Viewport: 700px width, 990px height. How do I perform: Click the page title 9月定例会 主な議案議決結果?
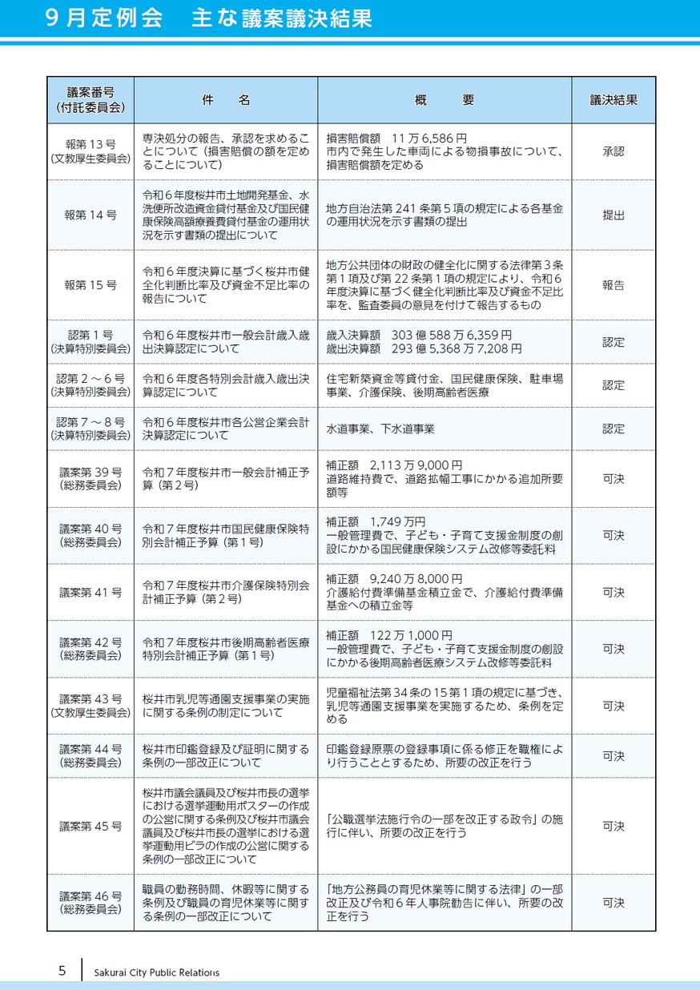point(209,19)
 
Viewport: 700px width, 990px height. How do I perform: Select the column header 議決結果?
point(614,100)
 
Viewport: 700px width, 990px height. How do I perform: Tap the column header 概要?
point(445,100)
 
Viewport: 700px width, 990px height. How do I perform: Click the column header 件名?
point(226,100)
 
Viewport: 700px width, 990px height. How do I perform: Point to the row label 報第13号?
point(91,144)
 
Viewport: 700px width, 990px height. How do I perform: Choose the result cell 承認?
point(614,151)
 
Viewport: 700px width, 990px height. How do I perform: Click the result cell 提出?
point(614,215)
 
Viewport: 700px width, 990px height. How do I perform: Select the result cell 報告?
point(614,284)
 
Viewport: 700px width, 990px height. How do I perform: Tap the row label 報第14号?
point(91,215)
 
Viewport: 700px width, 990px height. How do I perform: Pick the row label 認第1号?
point(91,335)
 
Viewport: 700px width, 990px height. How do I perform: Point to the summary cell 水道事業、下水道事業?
point(380,429)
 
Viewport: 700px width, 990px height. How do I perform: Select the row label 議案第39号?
point(91,471)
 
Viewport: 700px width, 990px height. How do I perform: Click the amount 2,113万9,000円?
point(416,465)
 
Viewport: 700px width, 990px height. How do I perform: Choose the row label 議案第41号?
point(91,592)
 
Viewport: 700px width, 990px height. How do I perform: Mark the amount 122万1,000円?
point(411,635)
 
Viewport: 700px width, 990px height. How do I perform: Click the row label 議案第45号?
point(91,826)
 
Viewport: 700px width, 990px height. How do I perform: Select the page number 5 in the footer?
point(62,971)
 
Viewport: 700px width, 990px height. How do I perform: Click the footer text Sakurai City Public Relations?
point(157,972)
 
